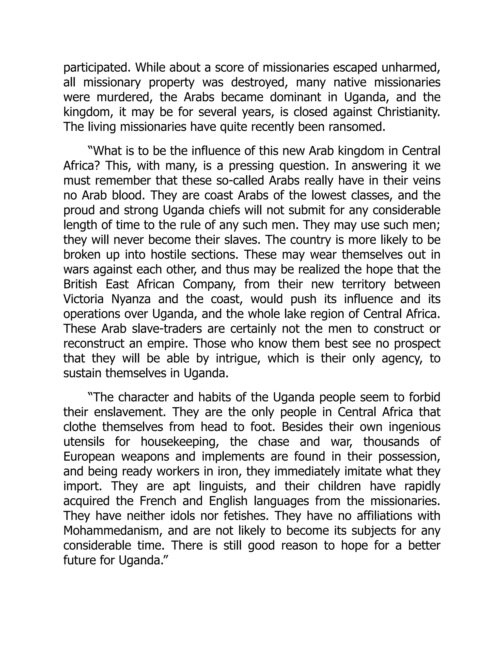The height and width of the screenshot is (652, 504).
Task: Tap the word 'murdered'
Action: click(x=125, y=97)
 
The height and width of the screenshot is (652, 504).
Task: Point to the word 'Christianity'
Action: click(x=408, y=112)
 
